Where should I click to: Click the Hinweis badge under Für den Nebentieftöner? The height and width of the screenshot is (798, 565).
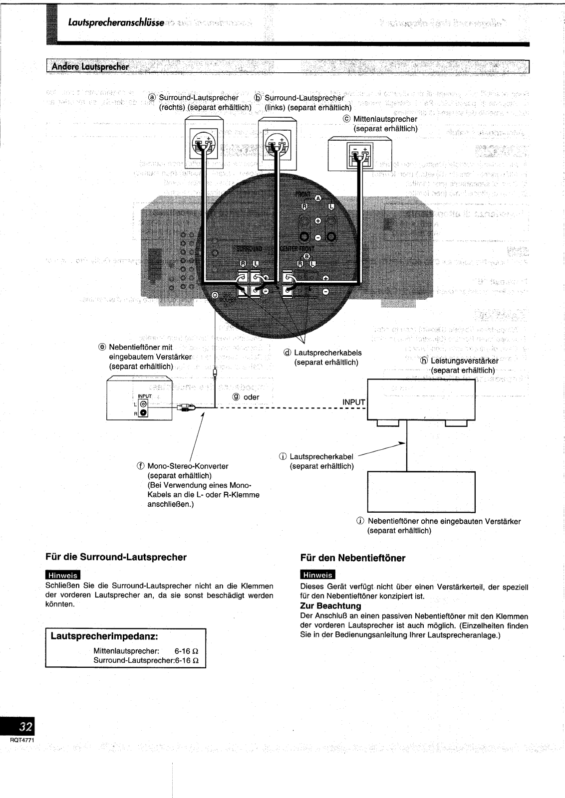[318, 575]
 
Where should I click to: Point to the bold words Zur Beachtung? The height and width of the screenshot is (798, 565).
[330, 606]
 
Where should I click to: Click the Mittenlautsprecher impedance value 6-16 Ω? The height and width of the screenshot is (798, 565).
[187, 651]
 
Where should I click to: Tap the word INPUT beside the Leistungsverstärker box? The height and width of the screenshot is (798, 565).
[354, 402]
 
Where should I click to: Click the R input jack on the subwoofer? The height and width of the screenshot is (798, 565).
[144, 412]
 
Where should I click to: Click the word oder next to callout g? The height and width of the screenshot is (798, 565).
[251, 397]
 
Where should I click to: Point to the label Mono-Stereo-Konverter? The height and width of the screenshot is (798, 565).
[188, 466]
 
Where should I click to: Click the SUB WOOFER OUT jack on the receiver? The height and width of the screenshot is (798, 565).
[215, 296]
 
